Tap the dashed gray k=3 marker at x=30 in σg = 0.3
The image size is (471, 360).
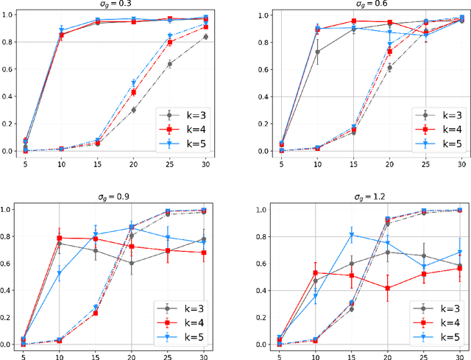pyautogui.click(x=205, y=37)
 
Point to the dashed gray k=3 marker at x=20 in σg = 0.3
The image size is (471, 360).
pyautogui.click(x=133, y=110)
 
